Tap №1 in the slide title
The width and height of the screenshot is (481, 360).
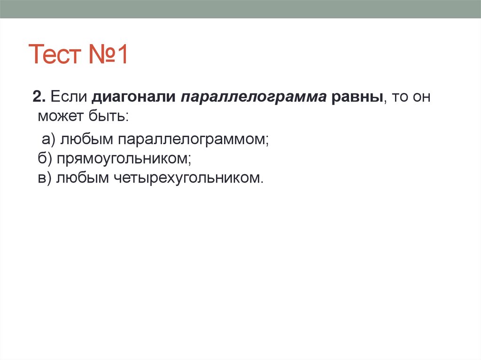point(107,55)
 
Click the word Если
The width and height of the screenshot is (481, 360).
point(68,98)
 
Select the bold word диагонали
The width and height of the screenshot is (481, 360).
point(132,98)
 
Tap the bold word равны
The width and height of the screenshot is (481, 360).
point(357,98)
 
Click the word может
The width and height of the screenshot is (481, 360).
point(60,115)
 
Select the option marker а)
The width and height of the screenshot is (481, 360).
point(49,139)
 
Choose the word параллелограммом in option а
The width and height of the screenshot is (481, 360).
point(193,139)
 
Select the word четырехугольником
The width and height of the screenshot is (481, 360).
point(185,178)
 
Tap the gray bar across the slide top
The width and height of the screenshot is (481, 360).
point(240,9)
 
